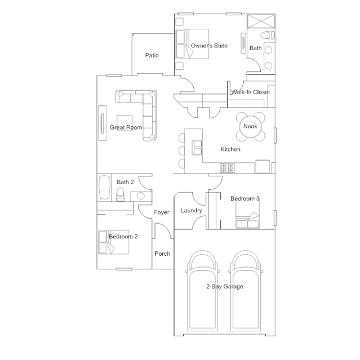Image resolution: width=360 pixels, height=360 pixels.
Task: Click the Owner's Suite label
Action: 209,46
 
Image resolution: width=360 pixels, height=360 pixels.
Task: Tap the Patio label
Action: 152,55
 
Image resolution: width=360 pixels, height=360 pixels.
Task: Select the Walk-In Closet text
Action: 250,92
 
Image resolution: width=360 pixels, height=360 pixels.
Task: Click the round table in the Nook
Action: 250,126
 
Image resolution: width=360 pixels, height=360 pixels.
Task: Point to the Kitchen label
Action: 230,149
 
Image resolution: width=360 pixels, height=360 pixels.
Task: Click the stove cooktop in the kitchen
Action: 227,167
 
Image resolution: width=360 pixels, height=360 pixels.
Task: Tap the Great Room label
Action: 126,127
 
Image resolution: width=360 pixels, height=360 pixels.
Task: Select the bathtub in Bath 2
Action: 104,188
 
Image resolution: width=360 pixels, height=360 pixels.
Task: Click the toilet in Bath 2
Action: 119,195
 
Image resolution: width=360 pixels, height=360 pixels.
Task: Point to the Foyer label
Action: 162,212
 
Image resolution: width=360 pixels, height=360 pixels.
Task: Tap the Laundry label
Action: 191,211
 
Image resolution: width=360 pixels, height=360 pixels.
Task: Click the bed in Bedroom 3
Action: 247,220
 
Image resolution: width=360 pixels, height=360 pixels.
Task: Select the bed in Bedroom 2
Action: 106,242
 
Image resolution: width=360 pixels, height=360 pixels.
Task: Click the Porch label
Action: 162,254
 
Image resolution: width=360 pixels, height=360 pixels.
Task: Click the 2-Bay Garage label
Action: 224,287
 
